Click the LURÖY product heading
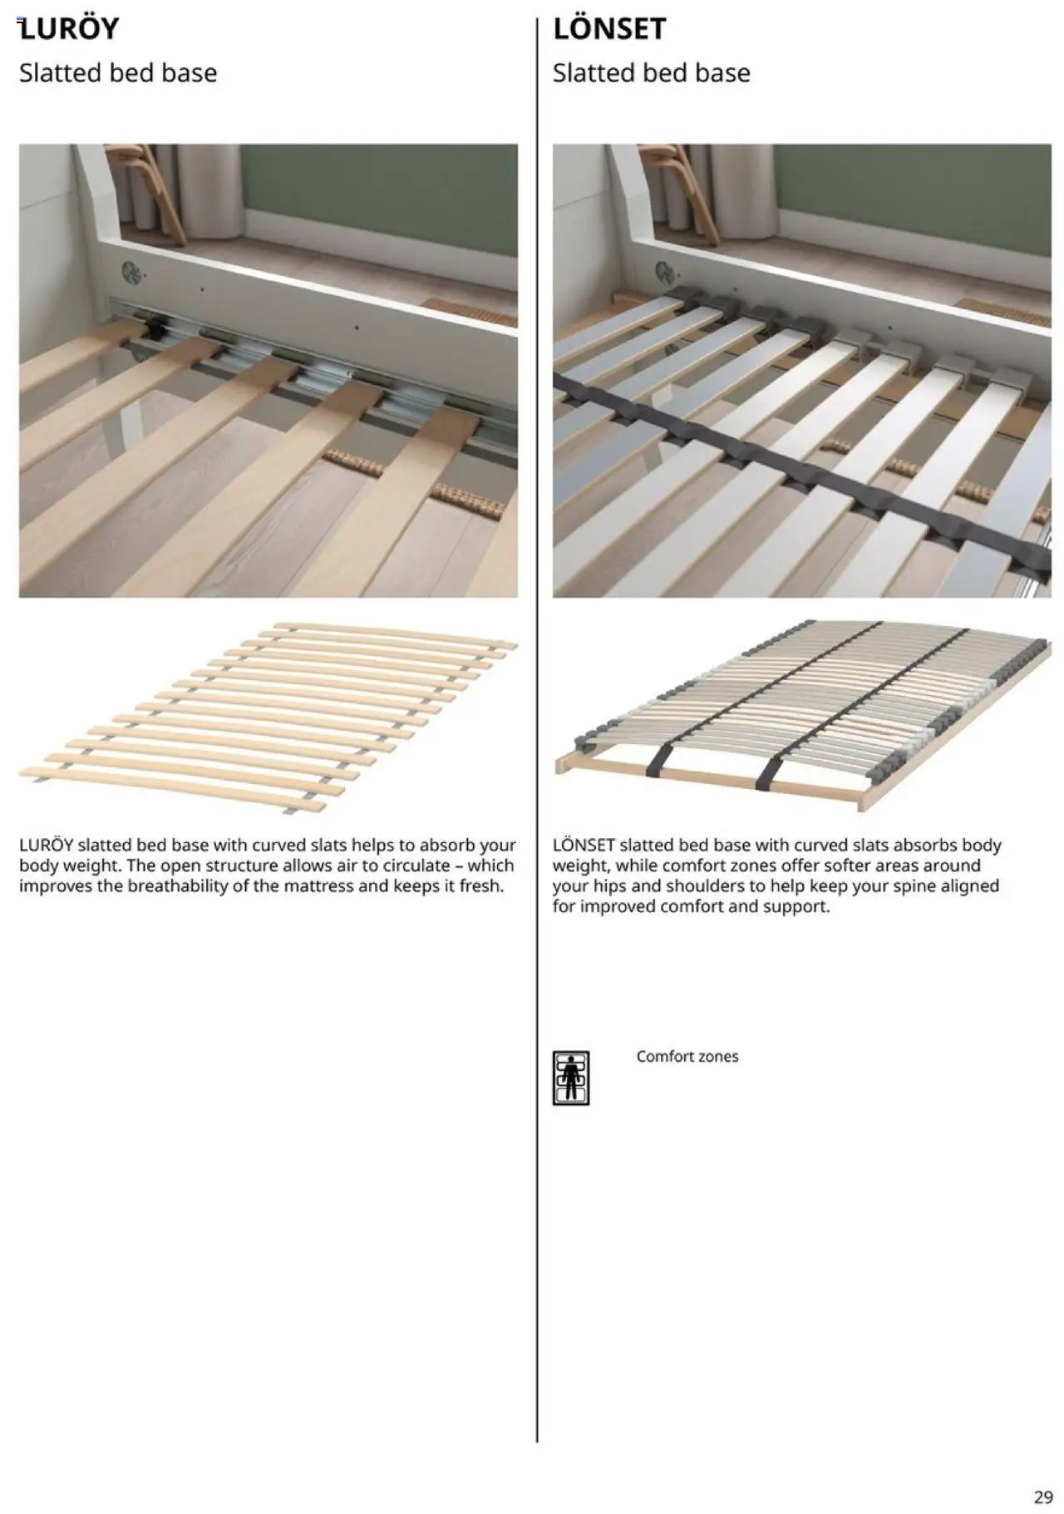click(70, 29)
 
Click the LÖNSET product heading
click(609, 29)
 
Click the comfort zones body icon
click(571, 1078)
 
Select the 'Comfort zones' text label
click(687, 1057)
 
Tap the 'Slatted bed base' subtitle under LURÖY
click(118, 73)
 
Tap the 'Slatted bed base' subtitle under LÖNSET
click(651, 73)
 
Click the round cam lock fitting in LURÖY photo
click(131, 271)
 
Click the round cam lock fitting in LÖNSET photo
click(664, 271)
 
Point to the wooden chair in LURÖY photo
click(154, 191)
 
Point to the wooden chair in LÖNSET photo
click(687, 191)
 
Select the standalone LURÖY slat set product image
click(268, 717)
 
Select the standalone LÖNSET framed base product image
click(802, 715)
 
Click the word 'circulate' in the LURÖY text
click(416, 865)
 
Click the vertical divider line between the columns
click(537, 748)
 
